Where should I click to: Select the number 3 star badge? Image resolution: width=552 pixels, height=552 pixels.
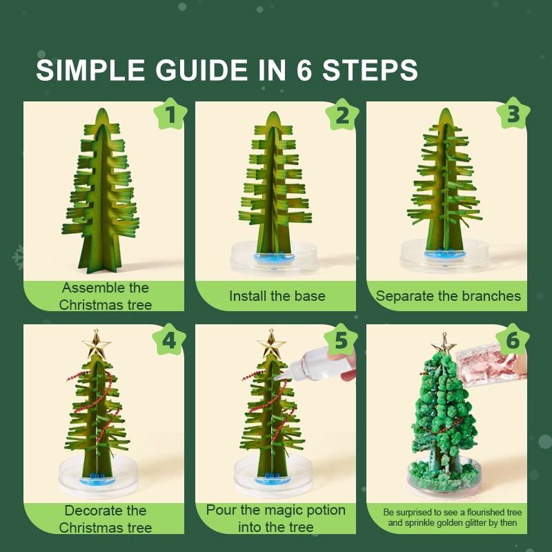point(513,115)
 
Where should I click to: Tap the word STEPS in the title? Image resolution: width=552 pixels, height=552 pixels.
point(371,70)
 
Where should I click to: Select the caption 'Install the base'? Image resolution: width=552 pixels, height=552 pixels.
point(277,296)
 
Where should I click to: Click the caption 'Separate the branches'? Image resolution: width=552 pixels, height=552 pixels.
point(448,296)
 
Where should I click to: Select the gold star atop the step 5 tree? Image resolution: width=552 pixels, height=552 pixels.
point(271,343)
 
